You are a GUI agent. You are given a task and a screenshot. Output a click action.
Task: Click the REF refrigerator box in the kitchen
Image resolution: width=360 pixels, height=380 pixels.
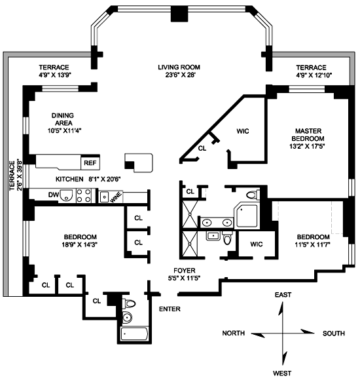(90, 162)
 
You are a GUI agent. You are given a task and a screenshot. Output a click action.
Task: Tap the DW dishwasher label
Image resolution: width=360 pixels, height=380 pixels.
(54, 195)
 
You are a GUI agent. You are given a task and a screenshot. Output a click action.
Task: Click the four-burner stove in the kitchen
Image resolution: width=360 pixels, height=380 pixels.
(84, 196)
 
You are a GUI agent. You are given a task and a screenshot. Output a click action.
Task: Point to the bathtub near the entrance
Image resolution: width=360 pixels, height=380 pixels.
(134, 334)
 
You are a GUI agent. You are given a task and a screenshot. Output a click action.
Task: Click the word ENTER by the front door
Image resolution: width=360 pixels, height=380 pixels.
(170, 309)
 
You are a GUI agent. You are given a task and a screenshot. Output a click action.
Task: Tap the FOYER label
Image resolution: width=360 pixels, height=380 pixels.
(185, 271)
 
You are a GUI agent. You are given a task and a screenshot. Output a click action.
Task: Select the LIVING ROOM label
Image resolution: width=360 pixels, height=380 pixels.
(179, 67)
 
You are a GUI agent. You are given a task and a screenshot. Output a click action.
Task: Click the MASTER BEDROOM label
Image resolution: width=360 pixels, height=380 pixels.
(308, 135)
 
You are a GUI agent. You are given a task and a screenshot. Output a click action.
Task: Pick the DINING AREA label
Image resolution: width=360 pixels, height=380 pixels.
(63, 119)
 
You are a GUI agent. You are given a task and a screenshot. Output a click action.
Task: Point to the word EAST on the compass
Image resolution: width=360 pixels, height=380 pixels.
(283, 295)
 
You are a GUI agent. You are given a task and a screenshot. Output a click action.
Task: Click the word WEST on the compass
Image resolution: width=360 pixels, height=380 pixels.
(282, 373)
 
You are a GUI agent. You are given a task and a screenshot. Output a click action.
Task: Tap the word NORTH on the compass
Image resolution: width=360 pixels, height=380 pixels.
(234, 333)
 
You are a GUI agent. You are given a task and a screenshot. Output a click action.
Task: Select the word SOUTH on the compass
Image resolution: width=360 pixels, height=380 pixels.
(334, 333)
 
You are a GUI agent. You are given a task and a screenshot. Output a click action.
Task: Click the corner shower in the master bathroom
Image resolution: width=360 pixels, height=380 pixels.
(246, 215)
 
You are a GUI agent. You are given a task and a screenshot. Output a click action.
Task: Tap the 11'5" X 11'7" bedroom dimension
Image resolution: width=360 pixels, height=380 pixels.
(313, 244)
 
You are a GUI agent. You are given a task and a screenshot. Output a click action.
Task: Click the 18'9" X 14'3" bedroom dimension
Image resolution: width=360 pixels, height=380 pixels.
(79, 244)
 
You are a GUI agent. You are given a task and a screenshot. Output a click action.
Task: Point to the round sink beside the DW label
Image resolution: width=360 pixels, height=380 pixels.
(66, 195)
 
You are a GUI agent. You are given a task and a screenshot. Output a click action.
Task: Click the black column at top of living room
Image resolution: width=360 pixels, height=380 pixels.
(179, 14)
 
